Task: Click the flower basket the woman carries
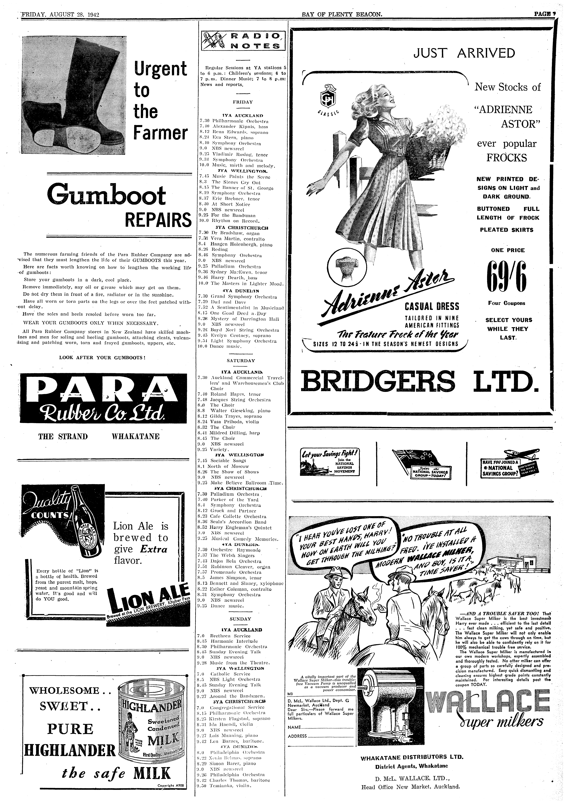(438, 137)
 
